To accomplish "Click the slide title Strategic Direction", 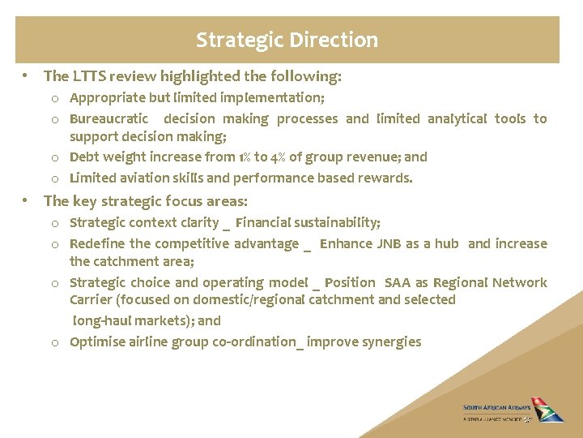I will click(287, 40).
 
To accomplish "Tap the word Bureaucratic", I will click(109, 118).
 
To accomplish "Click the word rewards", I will click(387, 178).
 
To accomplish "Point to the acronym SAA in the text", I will click(397, 282).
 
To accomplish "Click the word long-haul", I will click(103, 320).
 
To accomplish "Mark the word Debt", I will click(84, 157).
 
